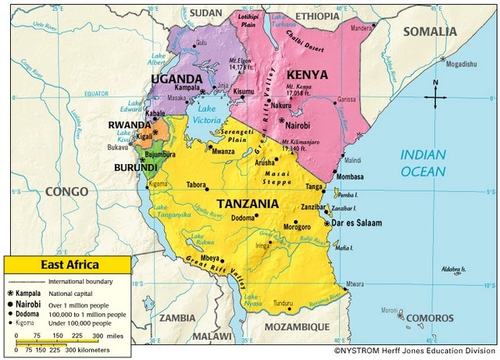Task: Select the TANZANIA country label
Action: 248,203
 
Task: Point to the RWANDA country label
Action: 130,124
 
